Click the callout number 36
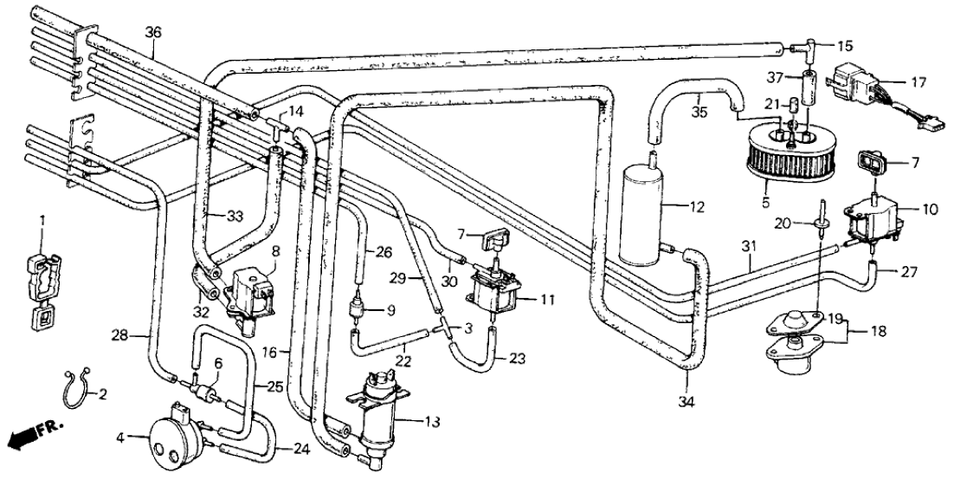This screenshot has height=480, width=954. point(152,32)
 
